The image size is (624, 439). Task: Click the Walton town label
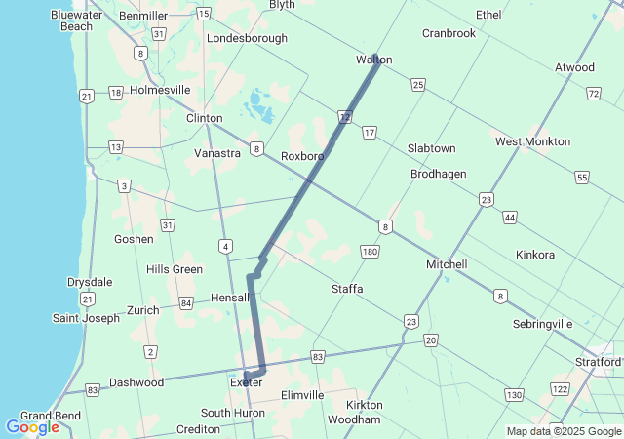[x=373, y=60]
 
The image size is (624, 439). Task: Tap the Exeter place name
[x=246, y=382]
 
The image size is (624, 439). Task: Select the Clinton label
[x=204, y=118]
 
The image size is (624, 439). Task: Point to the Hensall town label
[x=229, y=298]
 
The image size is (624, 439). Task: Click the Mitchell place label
[x=447, y=264]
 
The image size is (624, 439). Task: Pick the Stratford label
[x=597, y=362]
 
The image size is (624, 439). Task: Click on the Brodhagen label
[x=438, y=174]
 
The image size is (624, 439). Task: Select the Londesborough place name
[x=247, y=38]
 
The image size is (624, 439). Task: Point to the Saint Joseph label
[x=85, y=318]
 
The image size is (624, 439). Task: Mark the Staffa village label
[x=347, y=289]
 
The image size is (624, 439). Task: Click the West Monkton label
[x=532, y=141]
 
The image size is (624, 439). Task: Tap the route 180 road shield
[x=370, y=253]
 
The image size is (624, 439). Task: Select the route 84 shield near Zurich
[x=186, y=303]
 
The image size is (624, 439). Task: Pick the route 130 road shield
[x=513, y=393]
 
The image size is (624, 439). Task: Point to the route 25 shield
[x=417, y=86]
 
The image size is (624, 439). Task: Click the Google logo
[x=32, y=427]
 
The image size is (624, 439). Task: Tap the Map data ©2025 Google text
[x=564, y=431]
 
